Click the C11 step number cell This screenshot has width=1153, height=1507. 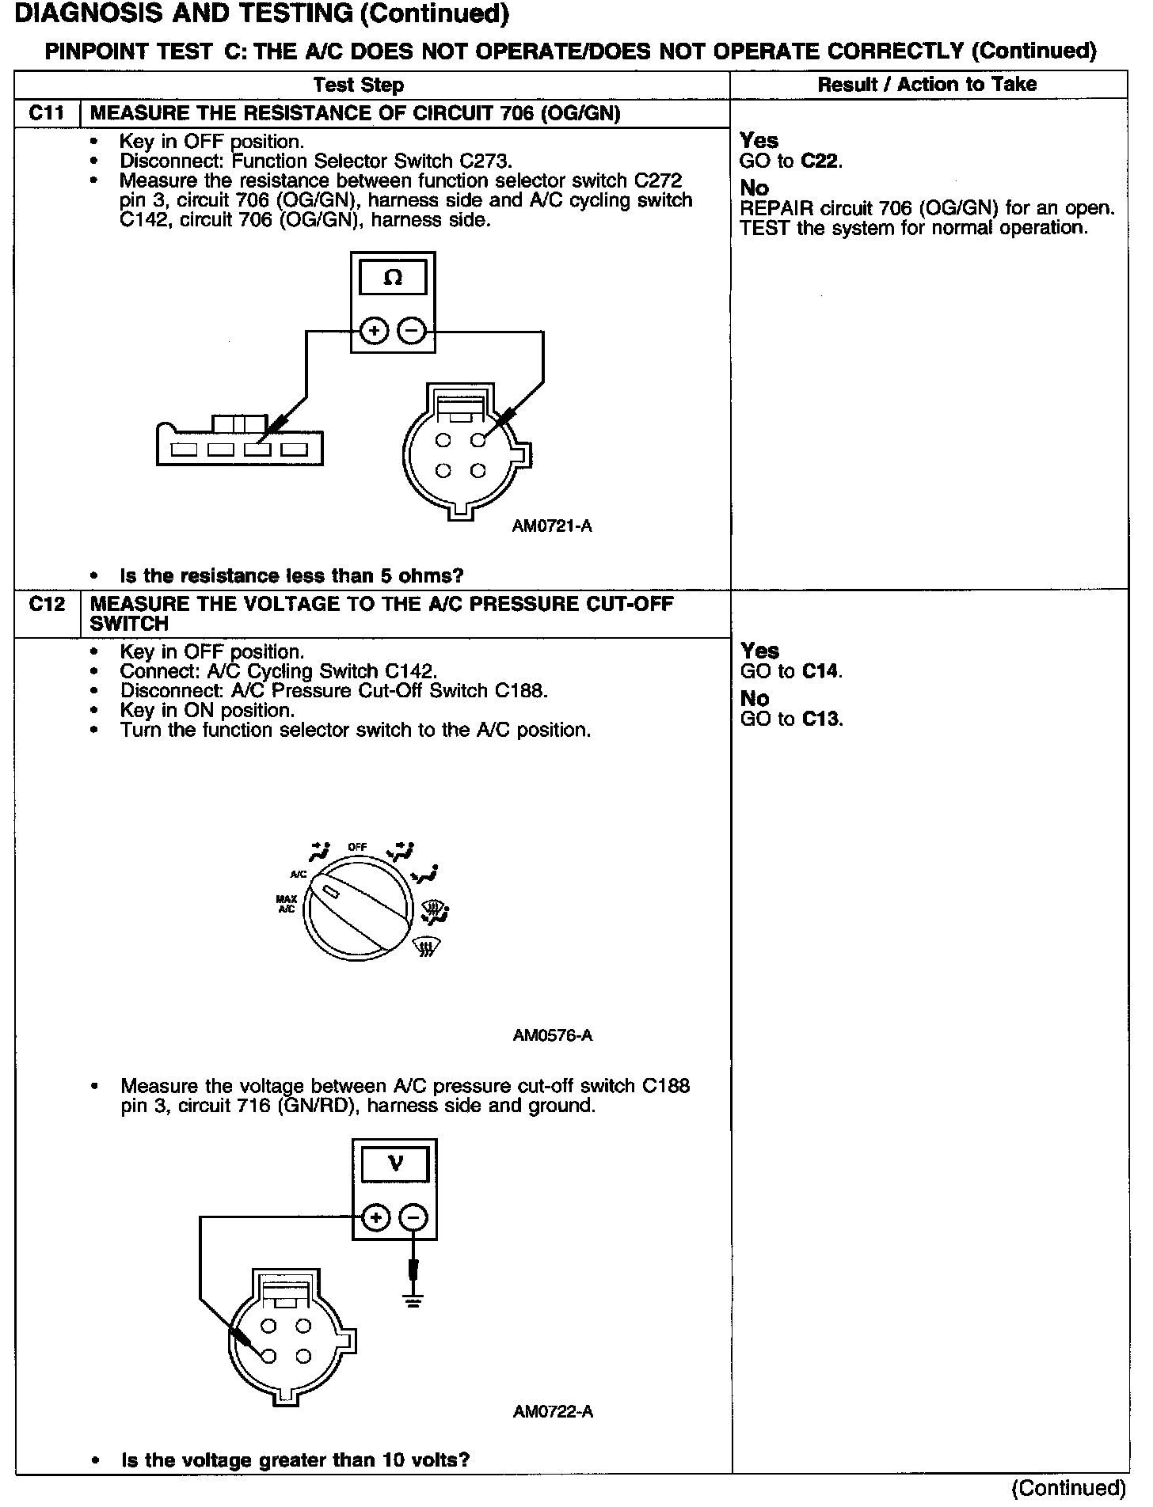click(47, 113)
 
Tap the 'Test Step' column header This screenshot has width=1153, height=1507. click(358, 85)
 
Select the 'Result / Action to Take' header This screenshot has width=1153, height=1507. click(927, 84)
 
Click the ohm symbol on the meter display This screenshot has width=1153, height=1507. click(393, 278)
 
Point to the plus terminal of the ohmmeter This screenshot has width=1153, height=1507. click(375, 331)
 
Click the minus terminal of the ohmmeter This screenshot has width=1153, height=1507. click(412, 331)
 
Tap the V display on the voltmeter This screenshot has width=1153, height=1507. click(395, 1164)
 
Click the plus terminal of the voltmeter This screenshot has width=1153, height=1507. click(376, 1218)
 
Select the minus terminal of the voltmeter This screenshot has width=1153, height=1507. click(413, 1218)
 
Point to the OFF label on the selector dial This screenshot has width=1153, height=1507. click(357, 847)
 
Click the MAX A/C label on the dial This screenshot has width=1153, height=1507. click(286, 904)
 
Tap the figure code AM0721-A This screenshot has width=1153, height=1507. click(552, 526)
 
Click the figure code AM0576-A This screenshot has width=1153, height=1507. click(553, 1035)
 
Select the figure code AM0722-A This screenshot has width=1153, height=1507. click(553, 1412)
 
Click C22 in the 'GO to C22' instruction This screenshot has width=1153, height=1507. click(820, 161)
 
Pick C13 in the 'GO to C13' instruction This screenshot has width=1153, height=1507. click(820, 719)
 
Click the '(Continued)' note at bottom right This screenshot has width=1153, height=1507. click(1068, 1488)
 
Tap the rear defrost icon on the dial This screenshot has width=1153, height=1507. click(428, 947)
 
